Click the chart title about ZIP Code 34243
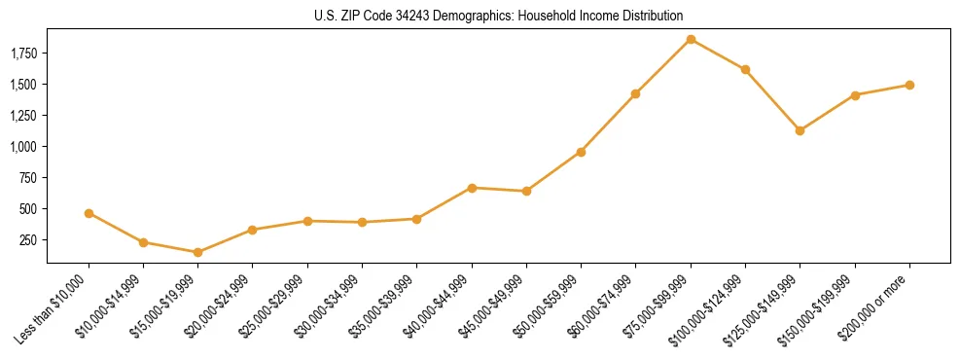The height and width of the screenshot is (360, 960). pos(499,17)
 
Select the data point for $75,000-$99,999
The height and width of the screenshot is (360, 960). pos(691,39)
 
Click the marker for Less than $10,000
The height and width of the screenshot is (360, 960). pos(89,213)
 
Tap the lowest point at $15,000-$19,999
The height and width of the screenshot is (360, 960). pos(197,252)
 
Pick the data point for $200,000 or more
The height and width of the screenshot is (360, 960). pos(909,85)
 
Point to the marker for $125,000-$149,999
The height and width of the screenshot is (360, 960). pos(800,130)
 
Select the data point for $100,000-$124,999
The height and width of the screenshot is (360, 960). pos(745,69)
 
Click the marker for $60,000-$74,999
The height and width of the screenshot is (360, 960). pos(635,93)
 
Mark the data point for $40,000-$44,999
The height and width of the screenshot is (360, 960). pos(472,188)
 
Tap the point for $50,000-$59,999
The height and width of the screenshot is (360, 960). pos(581,152)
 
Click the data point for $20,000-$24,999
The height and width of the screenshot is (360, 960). pos(252,230)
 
